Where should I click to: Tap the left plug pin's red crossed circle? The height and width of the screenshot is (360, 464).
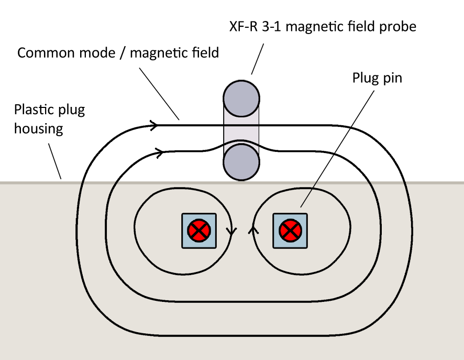coord(199,231)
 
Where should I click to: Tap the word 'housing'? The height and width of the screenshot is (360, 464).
coord(38,128)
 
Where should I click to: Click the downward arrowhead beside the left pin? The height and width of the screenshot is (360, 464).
coord(229,231)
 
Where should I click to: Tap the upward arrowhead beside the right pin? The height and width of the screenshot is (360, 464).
coord(255,230)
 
